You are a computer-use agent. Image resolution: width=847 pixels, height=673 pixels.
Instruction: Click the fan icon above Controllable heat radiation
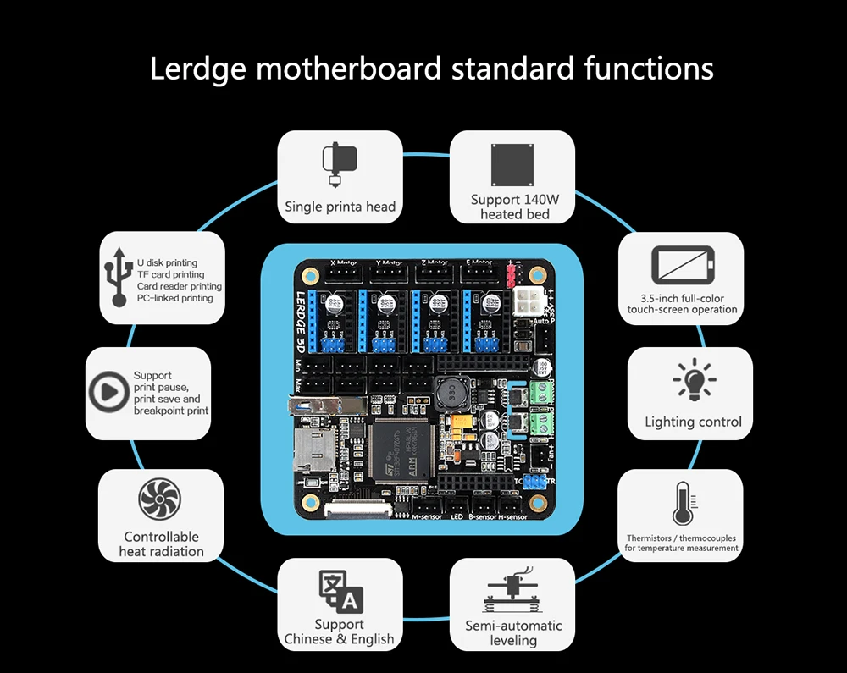(x=160, y=499)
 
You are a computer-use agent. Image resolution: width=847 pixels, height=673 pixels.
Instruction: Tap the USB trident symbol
(x=117, y=279)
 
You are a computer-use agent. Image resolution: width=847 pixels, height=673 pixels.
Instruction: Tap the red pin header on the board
(x=511, y=276)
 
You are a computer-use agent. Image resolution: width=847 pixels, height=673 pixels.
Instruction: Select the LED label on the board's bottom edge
(x=457, y=517)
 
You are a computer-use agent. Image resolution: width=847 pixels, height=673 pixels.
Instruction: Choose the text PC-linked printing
(x=175, y=298)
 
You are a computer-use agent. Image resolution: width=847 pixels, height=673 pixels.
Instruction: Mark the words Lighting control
(x=693, y=422)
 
